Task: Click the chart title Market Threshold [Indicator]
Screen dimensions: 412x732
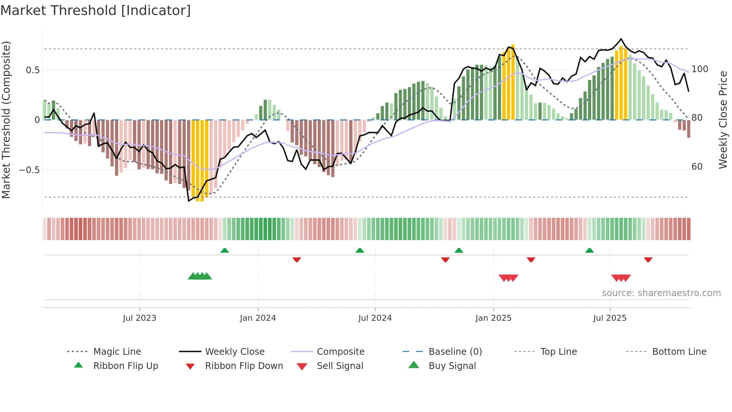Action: click(96, 10)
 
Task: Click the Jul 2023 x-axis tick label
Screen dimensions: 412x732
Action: click(139, 318)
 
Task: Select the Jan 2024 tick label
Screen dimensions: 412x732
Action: click(258, 318)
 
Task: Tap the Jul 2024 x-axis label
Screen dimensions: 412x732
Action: click(375, 318)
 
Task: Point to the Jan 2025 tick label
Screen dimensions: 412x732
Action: click(493, 318)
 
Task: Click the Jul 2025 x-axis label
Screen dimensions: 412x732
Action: click(610, 318)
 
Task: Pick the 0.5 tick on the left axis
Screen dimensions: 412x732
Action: click(33, 70)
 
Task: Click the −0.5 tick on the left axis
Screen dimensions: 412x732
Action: click(30, 170)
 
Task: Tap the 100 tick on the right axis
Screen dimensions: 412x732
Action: click(700, 69)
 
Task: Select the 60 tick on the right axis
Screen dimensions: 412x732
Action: click(697, 167)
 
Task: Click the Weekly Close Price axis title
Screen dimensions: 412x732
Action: click(723, 120)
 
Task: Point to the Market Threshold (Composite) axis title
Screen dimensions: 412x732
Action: click(6, 120)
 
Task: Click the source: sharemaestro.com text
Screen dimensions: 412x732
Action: click(661, 293)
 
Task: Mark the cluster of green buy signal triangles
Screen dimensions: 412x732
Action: click(200, 276)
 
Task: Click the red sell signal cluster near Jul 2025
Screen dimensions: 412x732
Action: click(621, 278)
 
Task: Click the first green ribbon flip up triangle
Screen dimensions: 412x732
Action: click(224, 250)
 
